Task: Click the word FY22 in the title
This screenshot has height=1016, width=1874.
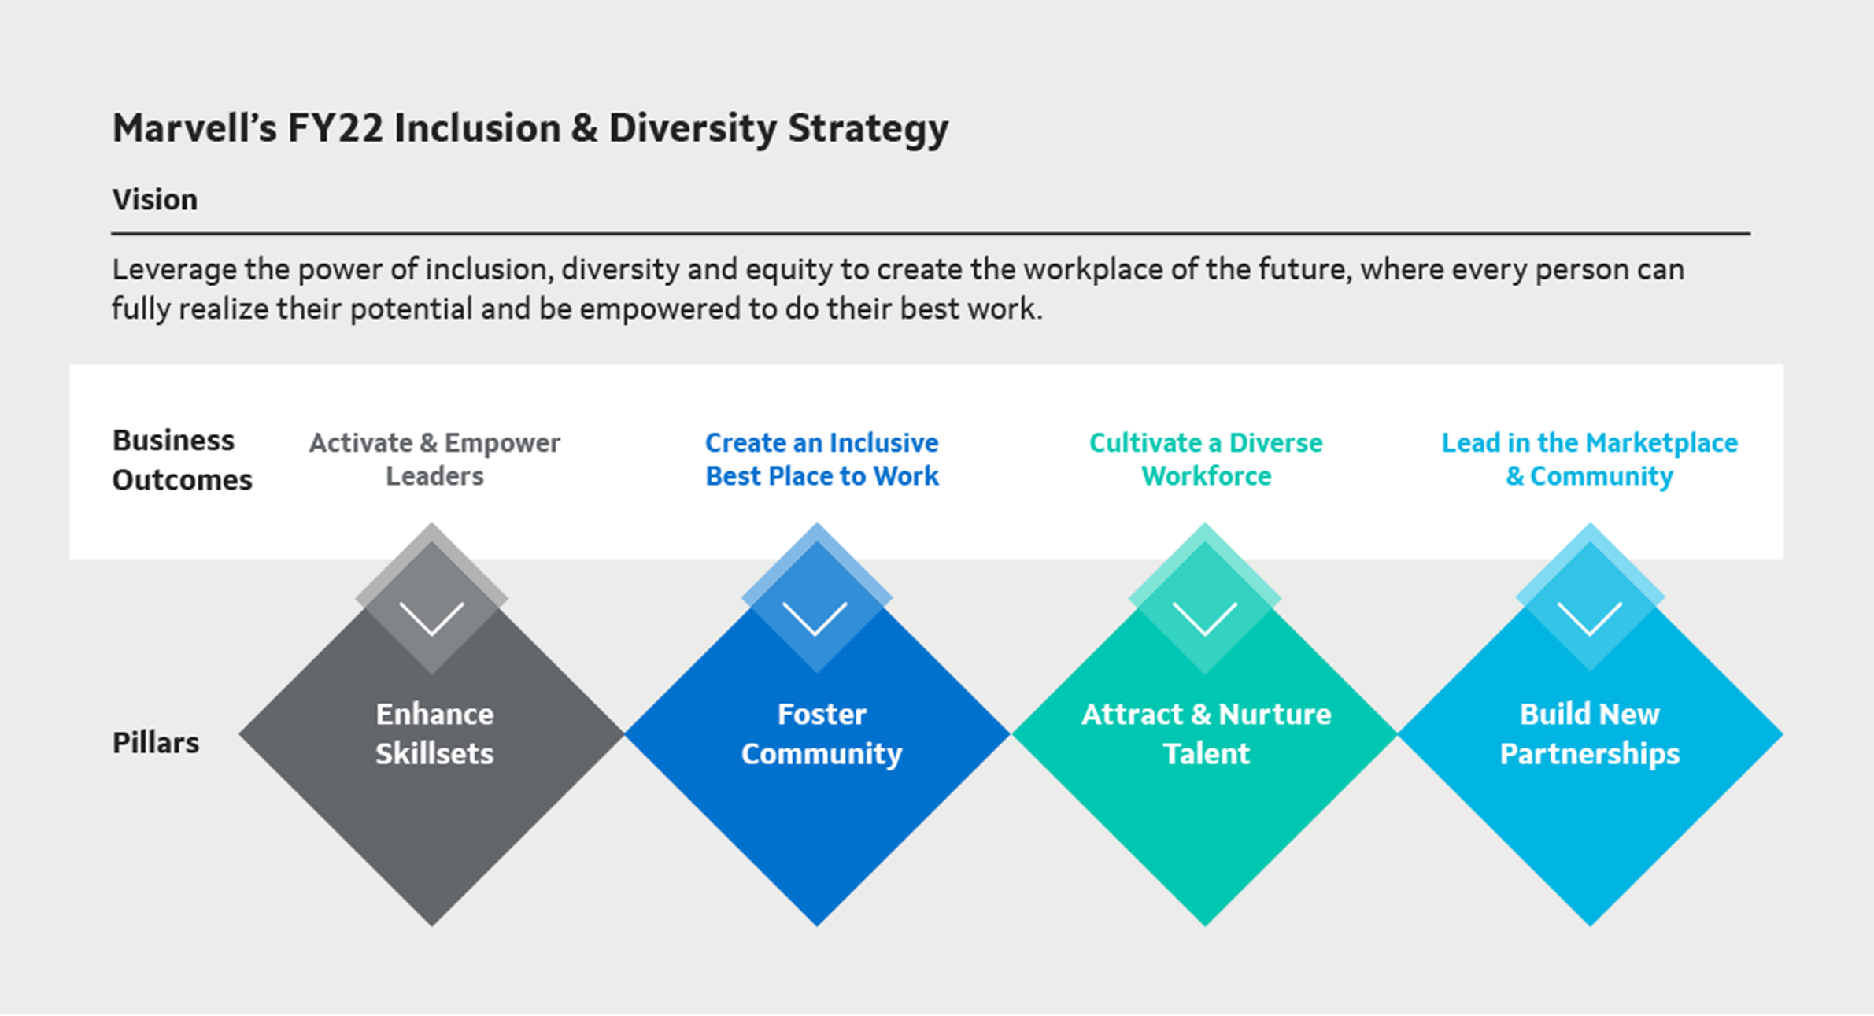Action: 335,128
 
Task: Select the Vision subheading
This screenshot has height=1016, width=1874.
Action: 155,200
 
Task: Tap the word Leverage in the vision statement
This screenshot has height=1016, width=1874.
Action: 174,271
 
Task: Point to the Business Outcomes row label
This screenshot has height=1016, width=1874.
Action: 182,460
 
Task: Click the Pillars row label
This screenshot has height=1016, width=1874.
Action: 156,743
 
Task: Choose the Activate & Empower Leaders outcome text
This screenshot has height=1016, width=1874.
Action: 434,460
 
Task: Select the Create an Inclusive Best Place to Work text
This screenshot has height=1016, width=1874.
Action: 822,460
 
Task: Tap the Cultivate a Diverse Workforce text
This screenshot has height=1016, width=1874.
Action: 1206,460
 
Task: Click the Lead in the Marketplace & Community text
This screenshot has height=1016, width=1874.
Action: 1590,460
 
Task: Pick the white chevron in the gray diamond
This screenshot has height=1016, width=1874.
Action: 432,619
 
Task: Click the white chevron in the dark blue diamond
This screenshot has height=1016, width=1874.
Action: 815,619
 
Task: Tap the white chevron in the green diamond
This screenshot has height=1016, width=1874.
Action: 1205,619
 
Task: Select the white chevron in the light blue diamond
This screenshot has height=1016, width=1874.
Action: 1590,619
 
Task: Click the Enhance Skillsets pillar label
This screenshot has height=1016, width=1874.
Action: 434,733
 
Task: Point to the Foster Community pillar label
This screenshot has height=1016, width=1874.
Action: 822,733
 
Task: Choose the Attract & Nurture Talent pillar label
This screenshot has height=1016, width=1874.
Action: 1207,733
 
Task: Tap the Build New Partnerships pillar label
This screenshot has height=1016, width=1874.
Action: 1590,733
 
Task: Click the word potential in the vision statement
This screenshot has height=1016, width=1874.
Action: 411,310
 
